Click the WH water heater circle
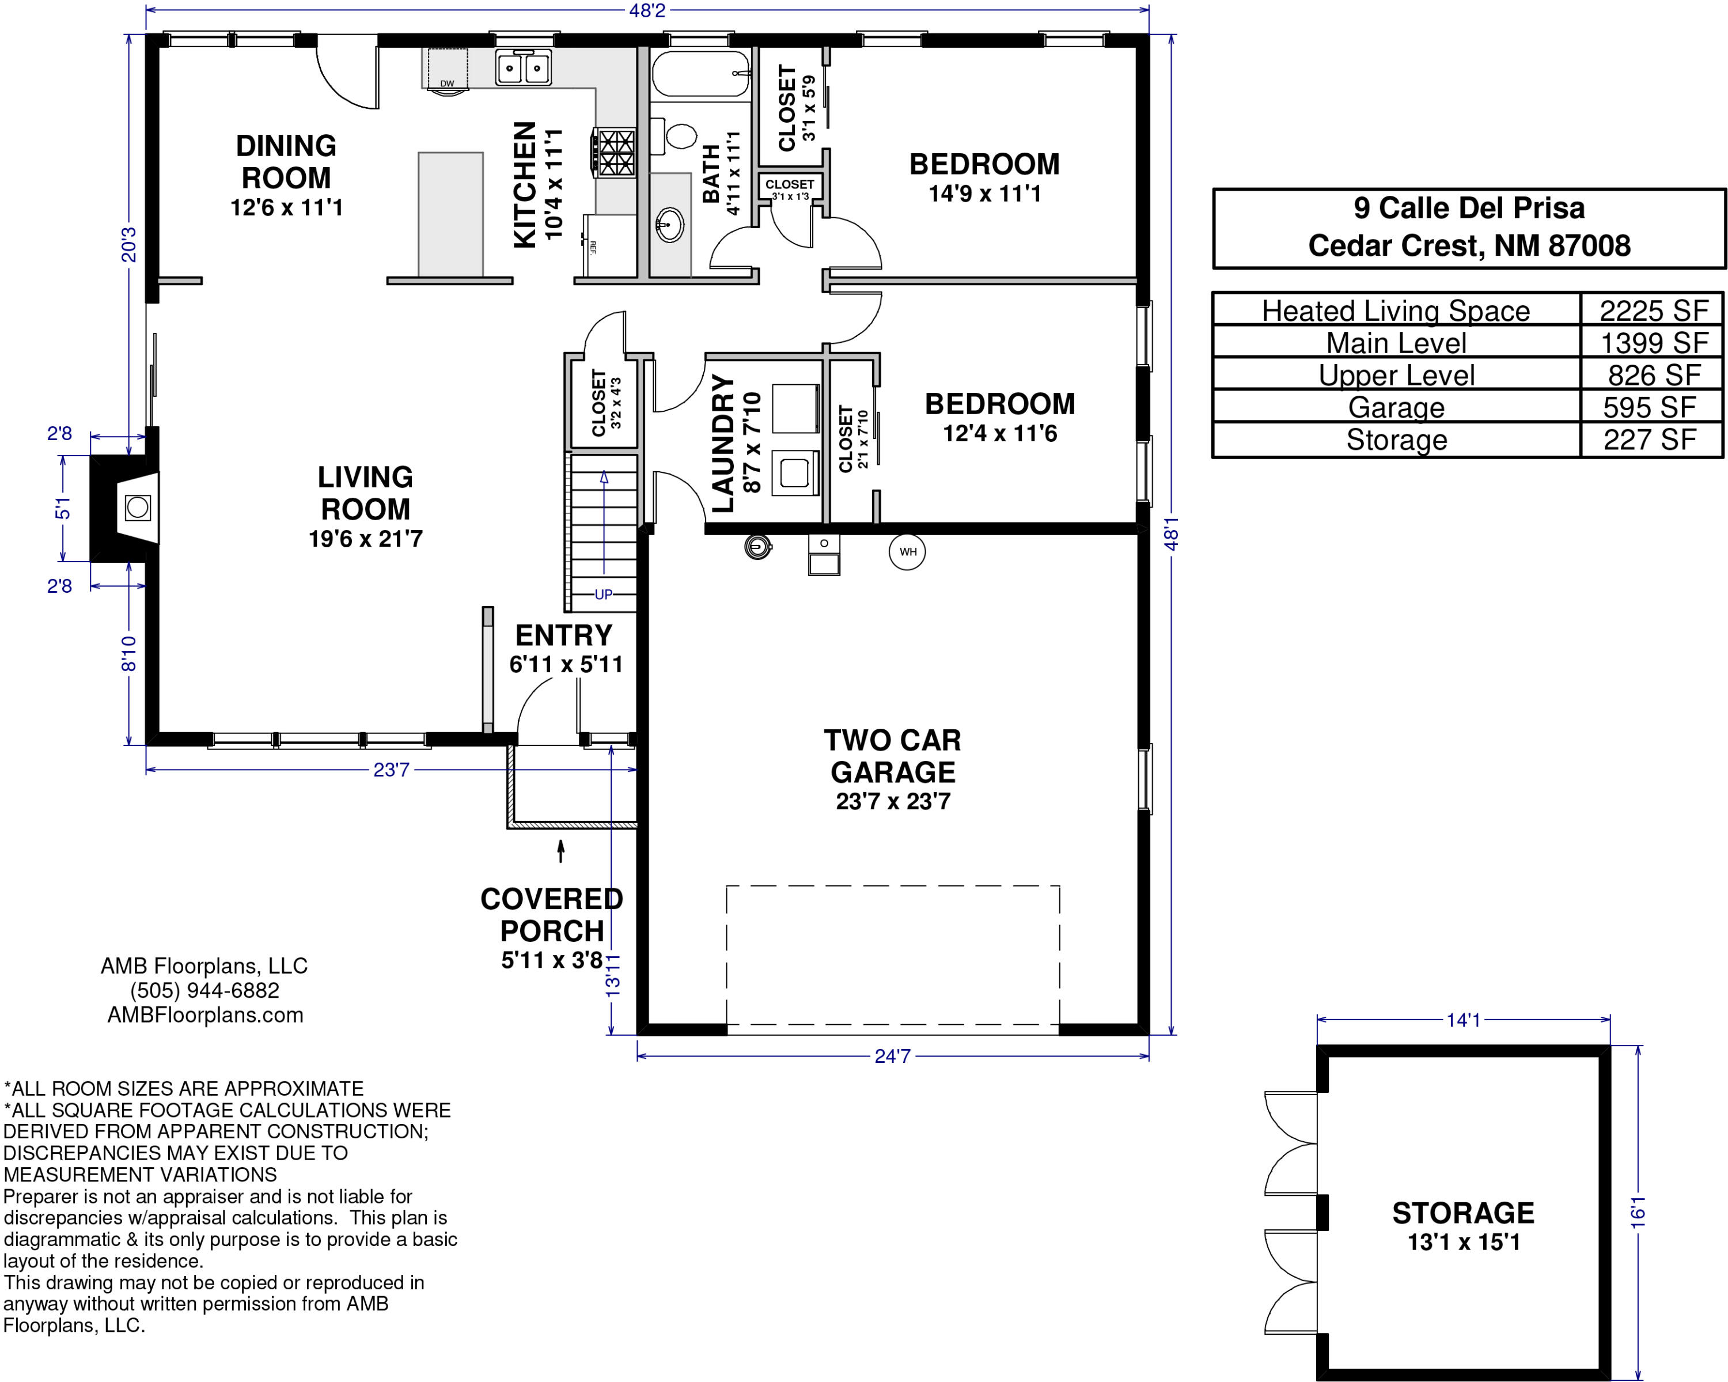tap(907, 551)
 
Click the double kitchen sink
tap(524, 67)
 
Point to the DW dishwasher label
tap(447, 84)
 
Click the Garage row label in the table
tap(1396, 407)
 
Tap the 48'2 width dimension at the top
tap(647, 10)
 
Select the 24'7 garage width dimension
tap(893, 1056)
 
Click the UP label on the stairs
tap(604, 594)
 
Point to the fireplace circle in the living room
tap(138, 506)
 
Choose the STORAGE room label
tap(1464, 1213)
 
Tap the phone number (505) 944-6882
tap(205, 990)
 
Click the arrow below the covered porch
tap(561, 850)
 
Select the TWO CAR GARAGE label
tap(893, 756)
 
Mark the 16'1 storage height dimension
tap(1638, 1211)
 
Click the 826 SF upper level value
tap(1654, 375)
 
